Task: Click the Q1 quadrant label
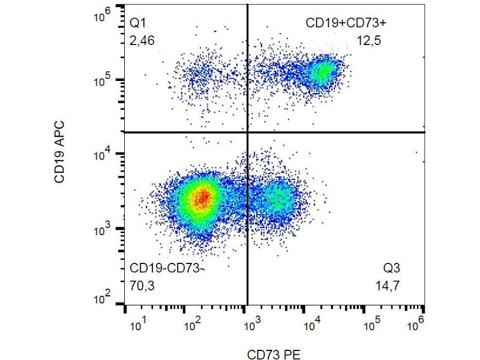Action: click(x=139, y=23)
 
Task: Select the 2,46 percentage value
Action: click(x=142, y=41)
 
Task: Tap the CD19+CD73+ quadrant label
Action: click(x=342, y=23)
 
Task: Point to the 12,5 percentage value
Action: click(x=368, y=41)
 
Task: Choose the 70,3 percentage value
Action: click(x=142, y=286)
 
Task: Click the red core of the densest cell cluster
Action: click(x=203, y=196)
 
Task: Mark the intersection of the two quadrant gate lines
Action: click(x=247, y=132)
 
